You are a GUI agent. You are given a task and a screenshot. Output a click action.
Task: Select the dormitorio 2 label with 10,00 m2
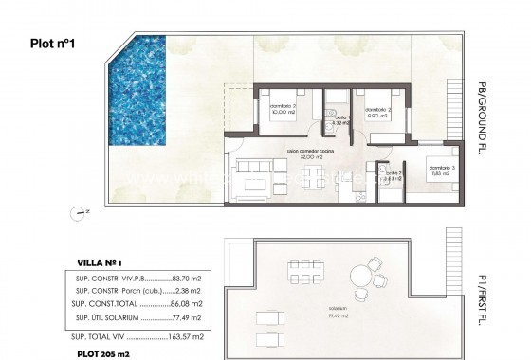pyautogui.click(x=284, y=108)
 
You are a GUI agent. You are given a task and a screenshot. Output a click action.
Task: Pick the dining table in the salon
pyautogui.click(x=312, y=177)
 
